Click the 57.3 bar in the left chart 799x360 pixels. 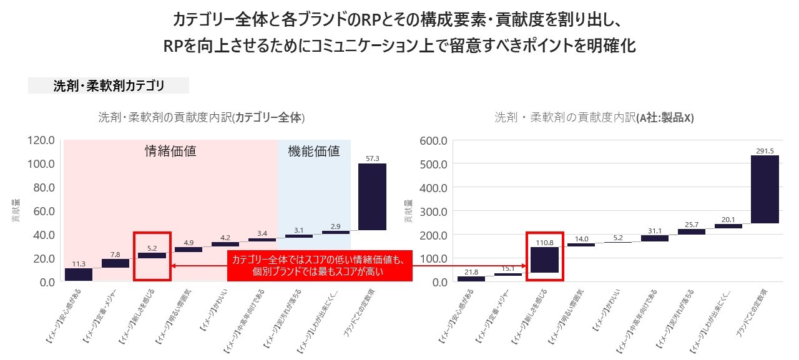click(372, 197)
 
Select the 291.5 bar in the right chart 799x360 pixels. click(765, 189)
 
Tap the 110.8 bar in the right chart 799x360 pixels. click(544, 260)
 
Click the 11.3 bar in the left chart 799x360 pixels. click(79, 275)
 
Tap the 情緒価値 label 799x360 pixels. click(170, 151)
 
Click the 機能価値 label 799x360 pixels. click(314, 151)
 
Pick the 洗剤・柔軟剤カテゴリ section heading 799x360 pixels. click(109, 86)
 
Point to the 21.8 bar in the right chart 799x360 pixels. click(471, 279)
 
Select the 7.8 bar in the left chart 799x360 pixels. click(115, 263)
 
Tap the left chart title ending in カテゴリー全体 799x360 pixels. click(202, 117)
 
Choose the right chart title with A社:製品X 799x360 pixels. click(594, 117)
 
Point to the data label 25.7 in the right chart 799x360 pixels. click(692, 223)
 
